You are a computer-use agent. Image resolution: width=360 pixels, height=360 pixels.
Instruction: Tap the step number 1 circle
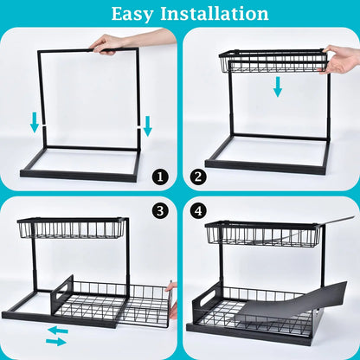coord(159,177)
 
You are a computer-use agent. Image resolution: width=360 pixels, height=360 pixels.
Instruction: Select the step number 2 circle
coord(199,177)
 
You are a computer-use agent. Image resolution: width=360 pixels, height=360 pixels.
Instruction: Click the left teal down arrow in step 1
coord(35,124)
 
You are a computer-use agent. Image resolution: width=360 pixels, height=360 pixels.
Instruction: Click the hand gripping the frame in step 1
coord(110,43)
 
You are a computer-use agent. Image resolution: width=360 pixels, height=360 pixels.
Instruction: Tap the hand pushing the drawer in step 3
coord(172,299)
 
